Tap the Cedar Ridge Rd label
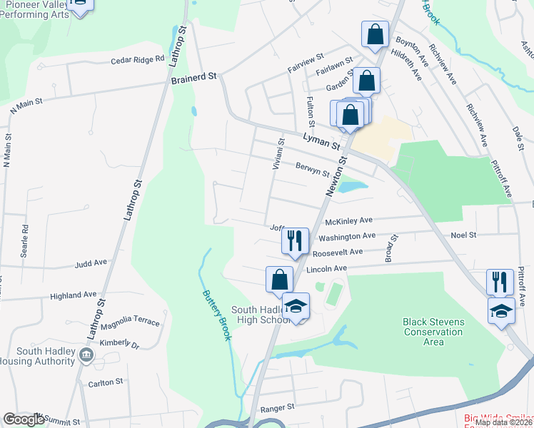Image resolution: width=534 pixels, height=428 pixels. tap(137, 60)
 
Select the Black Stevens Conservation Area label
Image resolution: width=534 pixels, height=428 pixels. tap(433, 332)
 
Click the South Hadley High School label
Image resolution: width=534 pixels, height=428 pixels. tap(260, 315)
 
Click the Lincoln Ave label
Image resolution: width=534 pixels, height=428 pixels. tap(326, 268)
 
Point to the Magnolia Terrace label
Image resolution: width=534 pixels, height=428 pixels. tap(130, 322)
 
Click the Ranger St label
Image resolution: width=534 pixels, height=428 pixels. tap(277, 407)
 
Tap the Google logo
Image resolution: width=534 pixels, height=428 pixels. tap(23, 419)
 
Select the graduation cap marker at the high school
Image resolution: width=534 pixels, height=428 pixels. tap(296, 305)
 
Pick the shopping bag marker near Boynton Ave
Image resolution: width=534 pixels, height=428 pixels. tap(375, 34)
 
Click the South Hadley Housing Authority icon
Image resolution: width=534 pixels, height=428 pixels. tap(86, 355)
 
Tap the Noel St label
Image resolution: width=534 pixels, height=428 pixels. tap(463, 235)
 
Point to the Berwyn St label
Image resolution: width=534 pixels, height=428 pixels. tap(312, 168)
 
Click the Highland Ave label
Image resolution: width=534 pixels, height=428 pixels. tap(73, 295)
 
